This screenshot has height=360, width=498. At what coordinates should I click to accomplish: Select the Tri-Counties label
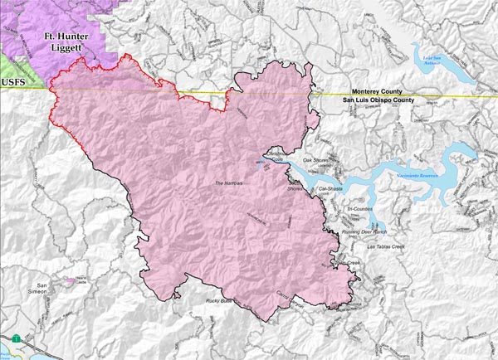click(x=364, y=209)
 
